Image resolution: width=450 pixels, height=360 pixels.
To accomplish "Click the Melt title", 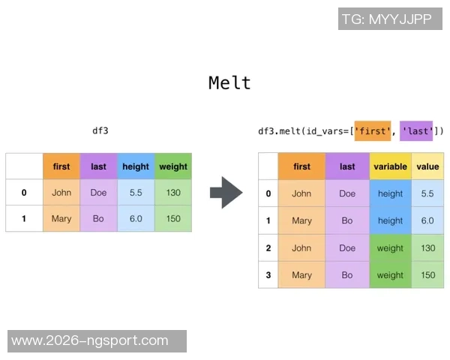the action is tap(229, 83).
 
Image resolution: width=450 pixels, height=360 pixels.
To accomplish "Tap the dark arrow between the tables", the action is tap(226, 193).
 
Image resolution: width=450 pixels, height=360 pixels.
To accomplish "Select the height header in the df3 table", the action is tap(136, 166).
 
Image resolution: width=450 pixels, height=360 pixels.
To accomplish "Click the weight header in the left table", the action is tap(173, 166).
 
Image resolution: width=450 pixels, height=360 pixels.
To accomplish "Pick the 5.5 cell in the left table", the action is tap(136, 192).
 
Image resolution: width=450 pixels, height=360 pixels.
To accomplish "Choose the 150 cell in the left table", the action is tap(173, 218).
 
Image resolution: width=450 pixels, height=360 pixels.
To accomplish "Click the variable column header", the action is tap(390, 166).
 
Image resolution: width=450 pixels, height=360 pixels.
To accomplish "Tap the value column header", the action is tap(427, 166).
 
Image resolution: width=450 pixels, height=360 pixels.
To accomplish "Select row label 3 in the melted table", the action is tap(268, 275).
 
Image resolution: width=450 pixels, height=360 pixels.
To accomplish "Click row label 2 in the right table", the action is tap(268, 248).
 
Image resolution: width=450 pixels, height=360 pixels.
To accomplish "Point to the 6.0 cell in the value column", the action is tap(427, 220).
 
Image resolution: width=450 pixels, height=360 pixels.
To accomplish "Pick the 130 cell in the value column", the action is tap(427, 248).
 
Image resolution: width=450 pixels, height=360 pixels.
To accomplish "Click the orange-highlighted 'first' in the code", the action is tap(373, 131).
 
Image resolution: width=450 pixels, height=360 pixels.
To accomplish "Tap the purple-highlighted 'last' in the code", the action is tap(416, 131).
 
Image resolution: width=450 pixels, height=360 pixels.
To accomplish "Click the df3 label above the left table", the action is tap(100, 131).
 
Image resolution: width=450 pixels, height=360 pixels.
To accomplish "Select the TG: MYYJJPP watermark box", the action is tap(390, 19).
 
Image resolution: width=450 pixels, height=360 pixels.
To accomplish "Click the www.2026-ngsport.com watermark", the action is tap(97, 341).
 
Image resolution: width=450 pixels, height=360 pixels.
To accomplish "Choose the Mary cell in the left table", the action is tap(61, 218).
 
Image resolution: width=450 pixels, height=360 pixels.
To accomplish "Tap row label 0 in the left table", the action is tap(24, 192).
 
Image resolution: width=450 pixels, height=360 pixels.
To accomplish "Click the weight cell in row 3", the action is tap(390, 275).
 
